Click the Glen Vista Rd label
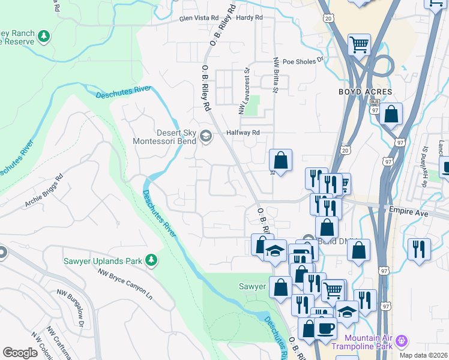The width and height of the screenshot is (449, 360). [x=199, y=19]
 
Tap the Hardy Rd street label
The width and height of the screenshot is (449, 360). [x=250, y=18]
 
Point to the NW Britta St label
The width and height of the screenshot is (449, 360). [x=276, y=75]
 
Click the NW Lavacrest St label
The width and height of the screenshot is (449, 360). [x=244, y=91]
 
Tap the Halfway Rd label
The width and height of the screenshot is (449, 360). [x=242, y=133]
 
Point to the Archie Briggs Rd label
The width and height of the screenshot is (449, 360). [x=44, y=191]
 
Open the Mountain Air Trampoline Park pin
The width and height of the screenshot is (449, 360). [x=402, y=341]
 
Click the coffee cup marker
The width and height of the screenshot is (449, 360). [x=325, y=329]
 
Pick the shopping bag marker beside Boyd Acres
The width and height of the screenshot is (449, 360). [x=391, y=113]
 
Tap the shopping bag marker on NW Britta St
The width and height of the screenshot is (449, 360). [x=280, y=160]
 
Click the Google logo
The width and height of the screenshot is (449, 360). [x=20, y=353]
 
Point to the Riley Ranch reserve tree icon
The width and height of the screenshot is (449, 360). [x=44, y=37]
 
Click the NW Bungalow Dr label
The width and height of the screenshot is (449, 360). [x=70, y=306]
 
